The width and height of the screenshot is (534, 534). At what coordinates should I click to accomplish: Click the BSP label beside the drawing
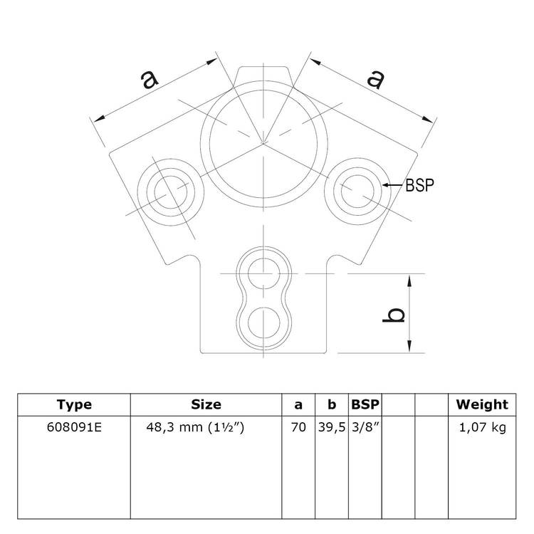420,185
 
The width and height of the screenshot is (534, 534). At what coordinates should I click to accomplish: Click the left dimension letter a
150,80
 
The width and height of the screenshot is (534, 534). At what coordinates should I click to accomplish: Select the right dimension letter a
375,79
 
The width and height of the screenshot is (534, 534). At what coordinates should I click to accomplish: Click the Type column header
74,405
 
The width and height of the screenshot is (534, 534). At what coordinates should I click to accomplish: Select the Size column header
206,405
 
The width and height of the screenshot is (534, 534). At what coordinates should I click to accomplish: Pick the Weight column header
482,405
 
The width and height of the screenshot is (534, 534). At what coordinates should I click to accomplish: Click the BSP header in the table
365,405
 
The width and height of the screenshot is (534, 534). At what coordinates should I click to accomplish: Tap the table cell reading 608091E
74,428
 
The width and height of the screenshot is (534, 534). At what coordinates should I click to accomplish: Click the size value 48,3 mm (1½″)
205,428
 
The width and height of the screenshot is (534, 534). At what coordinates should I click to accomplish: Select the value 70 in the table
298,428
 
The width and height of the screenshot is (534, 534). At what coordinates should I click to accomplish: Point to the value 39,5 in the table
331,428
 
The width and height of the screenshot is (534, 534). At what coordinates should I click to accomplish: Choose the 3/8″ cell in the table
365,428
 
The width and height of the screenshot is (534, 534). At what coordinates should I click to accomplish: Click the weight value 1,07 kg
482,428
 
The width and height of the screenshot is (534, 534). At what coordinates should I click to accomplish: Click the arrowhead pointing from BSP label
385,185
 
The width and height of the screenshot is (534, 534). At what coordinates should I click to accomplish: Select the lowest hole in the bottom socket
263,319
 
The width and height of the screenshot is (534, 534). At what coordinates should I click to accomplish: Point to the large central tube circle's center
263,142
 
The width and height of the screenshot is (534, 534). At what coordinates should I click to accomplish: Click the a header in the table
298,405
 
